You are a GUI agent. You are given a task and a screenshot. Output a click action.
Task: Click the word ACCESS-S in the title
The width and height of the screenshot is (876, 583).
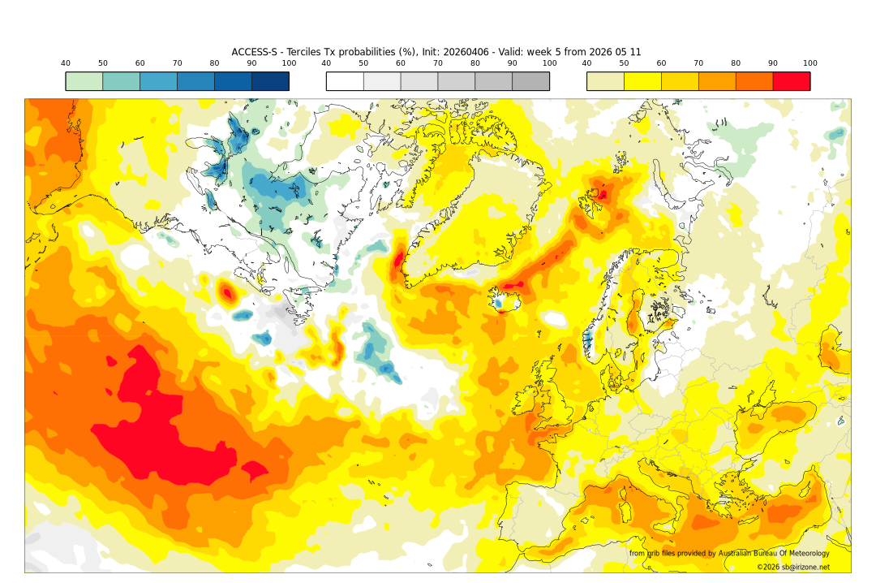(x=254, y=52)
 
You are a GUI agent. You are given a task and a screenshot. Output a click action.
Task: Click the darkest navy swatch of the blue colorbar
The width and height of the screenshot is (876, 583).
(x=270, y=81)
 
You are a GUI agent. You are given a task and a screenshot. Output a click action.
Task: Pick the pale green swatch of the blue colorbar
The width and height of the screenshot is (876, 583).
(x=84, y=81)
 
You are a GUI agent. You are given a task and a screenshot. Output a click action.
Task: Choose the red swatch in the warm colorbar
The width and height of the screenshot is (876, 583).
(x=792, y=81)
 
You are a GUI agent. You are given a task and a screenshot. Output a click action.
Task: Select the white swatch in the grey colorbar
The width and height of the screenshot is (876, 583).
(x=345, y=81)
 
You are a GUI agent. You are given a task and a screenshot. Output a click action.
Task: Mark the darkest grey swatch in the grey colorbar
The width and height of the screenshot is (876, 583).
(x=530, y=81)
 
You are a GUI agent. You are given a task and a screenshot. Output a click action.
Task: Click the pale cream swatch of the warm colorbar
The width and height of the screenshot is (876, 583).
(x=605, y=81)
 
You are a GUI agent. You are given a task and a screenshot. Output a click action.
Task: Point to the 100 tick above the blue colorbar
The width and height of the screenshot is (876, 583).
(x=289, y=63)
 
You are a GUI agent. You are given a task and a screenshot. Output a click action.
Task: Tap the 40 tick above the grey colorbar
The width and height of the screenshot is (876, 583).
(x=326, y=63)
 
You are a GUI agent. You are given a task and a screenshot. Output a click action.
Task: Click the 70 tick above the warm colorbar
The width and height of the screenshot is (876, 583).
(x=698, y=63)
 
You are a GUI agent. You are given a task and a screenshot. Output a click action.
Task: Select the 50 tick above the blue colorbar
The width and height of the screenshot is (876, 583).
(x=103, y=63)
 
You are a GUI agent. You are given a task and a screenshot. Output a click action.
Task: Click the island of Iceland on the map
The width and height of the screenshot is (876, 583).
(x=505, y=301)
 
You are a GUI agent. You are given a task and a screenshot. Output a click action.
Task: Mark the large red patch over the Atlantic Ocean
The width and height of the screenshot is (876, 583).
(x=162, y=422)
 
